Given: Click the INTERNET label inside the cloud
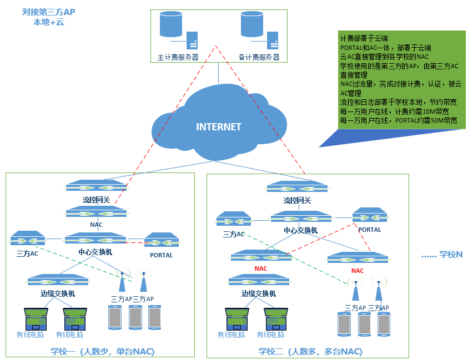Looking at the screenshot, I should [x=219, y=126].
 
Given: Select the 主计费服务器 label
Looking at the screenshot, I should [x=178, y=57].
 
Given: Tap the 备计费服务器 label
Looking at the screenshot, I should [x=259, y=57].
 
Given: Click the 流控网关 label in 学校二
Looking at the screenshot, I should [x=297, y=200].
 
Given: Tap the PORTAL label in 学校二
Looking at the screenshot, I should [x=370, y=230].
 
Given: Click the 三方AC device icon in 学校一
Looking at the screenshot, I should [x=28, y=239].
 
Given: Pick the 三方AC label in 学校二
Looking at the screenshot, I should [x=234, y=234].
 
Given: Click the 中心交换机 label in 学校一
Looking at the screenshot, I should [x=95, y=252].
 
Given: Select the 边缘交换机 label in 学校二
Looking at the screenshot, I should [x=259, y=293].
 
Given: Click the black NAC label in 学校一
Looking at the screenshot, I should [x=96, y=225].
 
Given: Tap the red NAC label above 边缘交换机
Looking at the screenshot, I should [x=261, y=268].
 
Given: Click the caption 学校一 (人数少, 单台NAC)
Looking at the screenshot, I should [x=102, y=351].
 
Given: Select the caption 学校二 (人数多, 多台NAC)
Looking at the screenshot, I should [x=310, y=351].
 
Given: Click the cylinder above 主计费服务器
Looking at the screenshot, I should [x=170, y=24].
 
